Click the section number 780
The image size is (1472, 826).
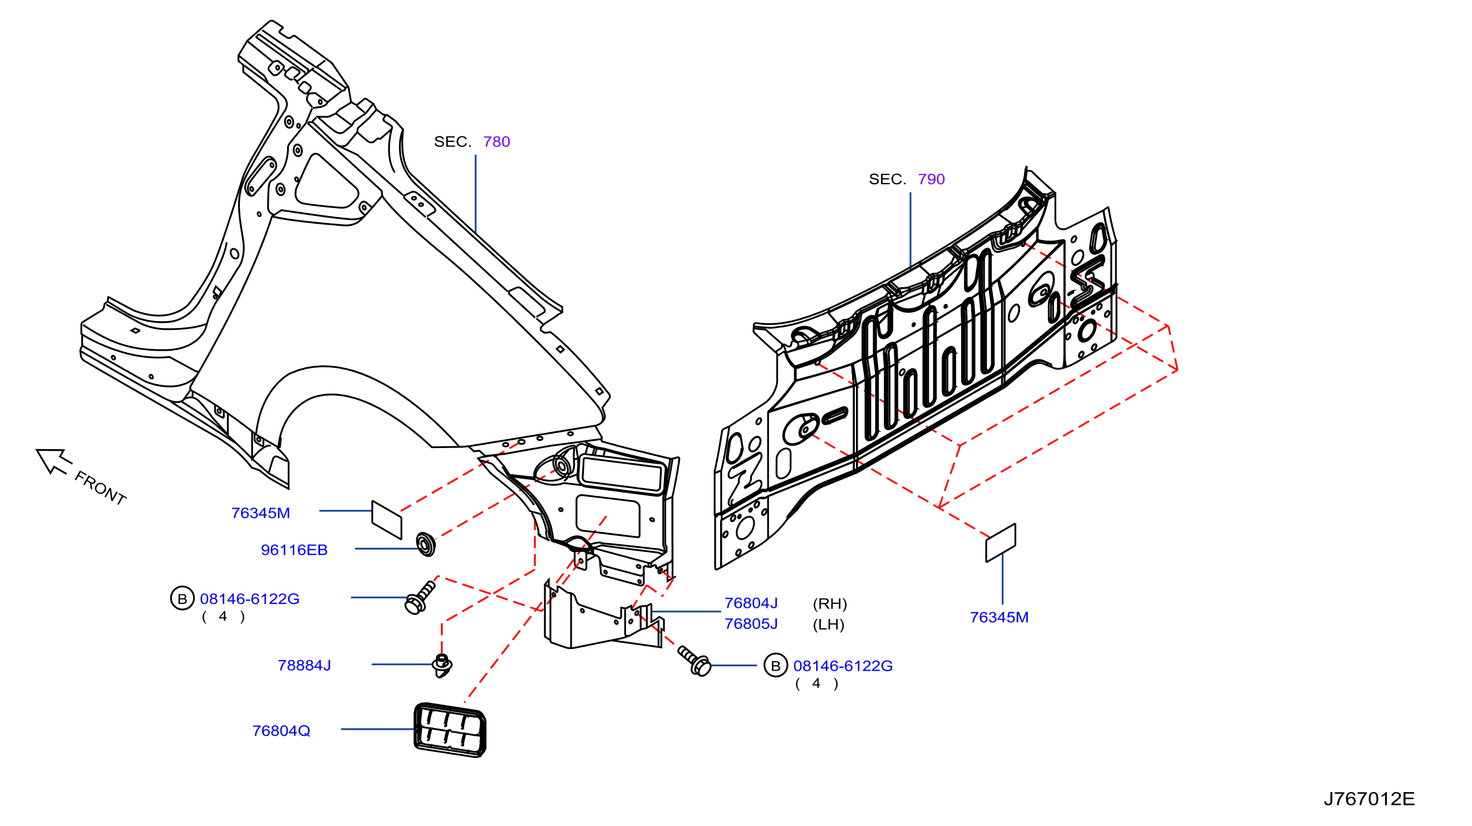496,142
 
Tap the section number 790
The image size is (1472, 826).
931,179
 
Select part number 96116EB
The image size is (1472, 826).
294,550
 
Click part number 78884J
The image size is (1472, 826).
304,665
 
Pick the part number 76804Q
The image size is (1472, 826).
281,731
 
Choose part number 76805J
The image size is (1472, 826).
751,623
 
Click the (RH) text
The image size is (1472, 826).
830,604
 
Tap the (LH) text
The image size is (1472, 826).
829,624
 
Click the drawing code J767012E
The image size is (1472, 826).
1369,799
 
